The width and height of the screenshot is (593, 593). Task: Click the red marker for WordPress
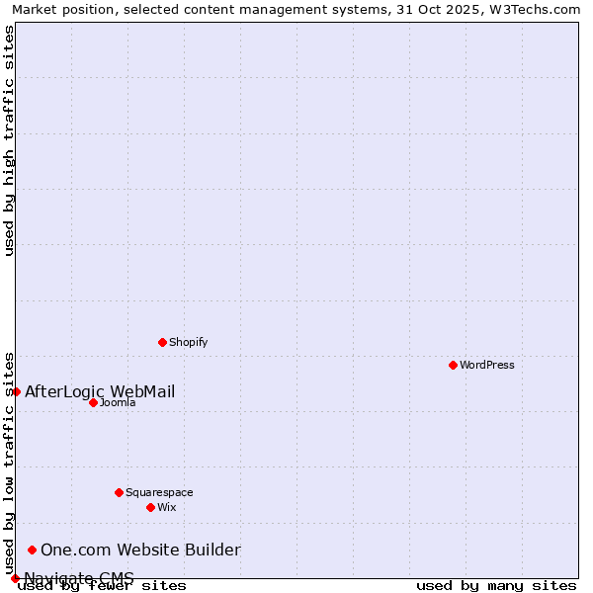point(453,365)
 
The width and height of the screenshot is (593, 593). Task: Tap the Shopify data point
point(162,342)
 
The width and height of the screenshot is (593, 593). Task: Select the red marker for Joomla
point(93,402)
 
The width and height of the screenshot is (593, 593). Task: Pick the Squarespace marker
point(119,492)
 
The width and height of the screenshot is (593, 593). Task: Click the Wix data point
point(150,507)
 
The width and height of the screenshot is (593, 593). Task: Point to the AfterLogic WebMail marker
point(16,391)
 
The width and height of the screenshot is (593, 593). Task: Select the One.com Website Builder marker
point(32,550)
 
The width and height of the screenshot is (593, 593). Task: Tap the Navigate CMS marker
point(15,578)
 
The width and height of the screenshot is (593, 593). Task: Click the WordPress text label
point(487,365)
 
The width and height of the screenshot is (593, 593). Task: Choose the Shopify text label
point(188,342)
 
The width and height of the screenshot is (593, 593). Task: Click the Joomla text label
point(118,402)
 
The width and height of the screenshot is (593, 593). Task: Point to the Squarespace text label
point(159,492)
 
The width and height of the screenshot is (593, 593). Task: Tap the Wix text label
point(167,507)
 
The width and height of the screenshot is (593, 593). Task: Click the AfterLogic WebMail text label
point(100,391)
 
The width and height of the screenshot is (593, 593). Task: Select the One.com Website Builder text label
point(140,550)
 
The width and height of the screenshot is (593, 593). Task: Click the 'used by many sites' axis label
point(496,586)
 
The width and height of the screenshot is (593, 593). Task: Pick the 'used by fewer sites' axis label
point(102,586)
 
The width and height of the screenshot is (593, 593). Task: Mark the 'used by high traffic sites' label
point(10,140)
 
